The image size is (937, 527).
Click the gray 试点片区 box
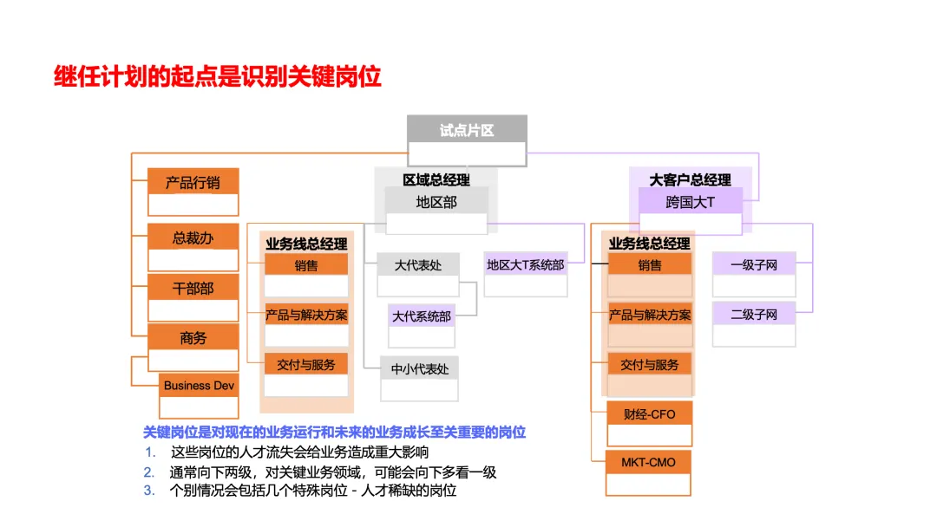(x=467, y=131)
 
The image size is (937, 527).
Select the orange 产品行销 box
(x=193, y=183)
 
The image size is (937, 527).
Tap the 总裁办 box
(x=193, y=237)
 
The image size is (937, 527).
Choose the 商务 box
(x=193, y=338)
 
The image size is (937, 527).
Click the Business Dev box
(x=199, y=386)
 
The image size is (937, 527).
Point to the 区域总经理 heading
(x=436, y=179)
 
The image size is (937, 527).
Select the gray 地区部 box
(x=436, y=202)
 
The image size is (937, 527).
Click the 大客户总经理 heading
(x=690, y=179)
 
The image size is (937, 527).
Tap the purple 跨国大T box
(x=690, y=202)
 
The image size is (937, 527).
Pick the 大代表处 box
(x=417, y=265)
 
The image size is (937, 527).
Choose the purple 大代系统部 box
(x=422, y=316)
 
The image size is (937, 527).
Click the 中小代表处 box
(x=420, y=369)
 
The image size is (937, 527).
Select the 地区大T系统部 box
(x=525, y=265)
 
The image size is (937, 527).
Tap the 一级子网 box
(x=753, y=265)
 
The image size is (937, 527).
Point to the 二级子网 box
(x=753, y=315)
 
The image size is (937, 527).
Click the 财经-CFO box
(x=649, y=414)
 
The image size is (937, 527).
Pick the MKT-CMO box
(x=649, y=463)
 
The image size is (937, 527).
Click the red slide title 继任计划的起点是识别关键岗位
(x=218, y=76)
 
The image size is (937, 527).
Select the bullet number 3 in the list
(x=150, y=491)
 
